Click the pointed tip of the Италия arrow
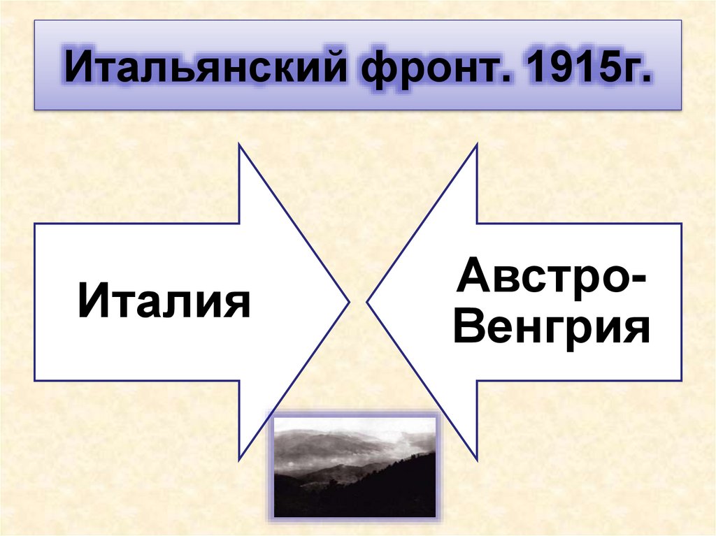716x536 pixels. [348, 303]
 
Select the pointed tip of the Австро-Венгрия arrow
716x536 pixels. [368, 303]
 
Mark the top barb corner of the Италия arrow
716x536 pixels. [240, 145]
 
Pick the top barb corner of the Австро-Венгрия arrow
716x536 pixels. [477, 145]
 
